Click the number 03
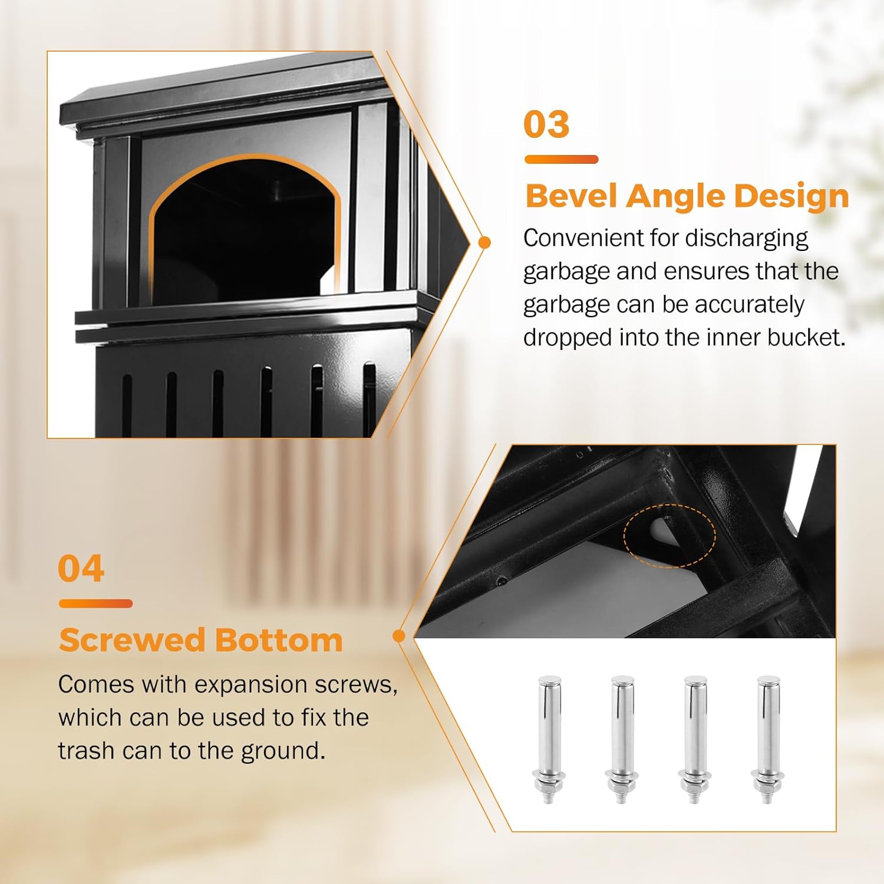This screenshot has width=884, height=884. coord(546,124)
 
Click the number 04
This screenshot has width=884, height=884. coord(81,569)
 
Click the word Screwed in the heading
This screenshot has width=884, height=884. coord(131,640)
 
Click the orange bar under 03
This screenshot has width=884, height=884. coord(561,159)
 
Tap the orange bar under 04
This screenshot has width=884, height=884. coord(95,603)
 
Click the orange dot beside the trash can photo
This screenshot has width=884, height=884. coord(484,242)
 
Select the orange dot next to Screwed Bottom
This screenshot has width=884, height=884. coord(399,636)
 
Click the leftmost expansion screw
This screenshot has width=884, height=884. coord(549,740)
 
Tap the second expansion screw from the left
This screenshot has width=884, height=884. coord(622,740)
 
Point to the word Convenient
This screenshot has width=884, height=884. coord(583,238)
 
